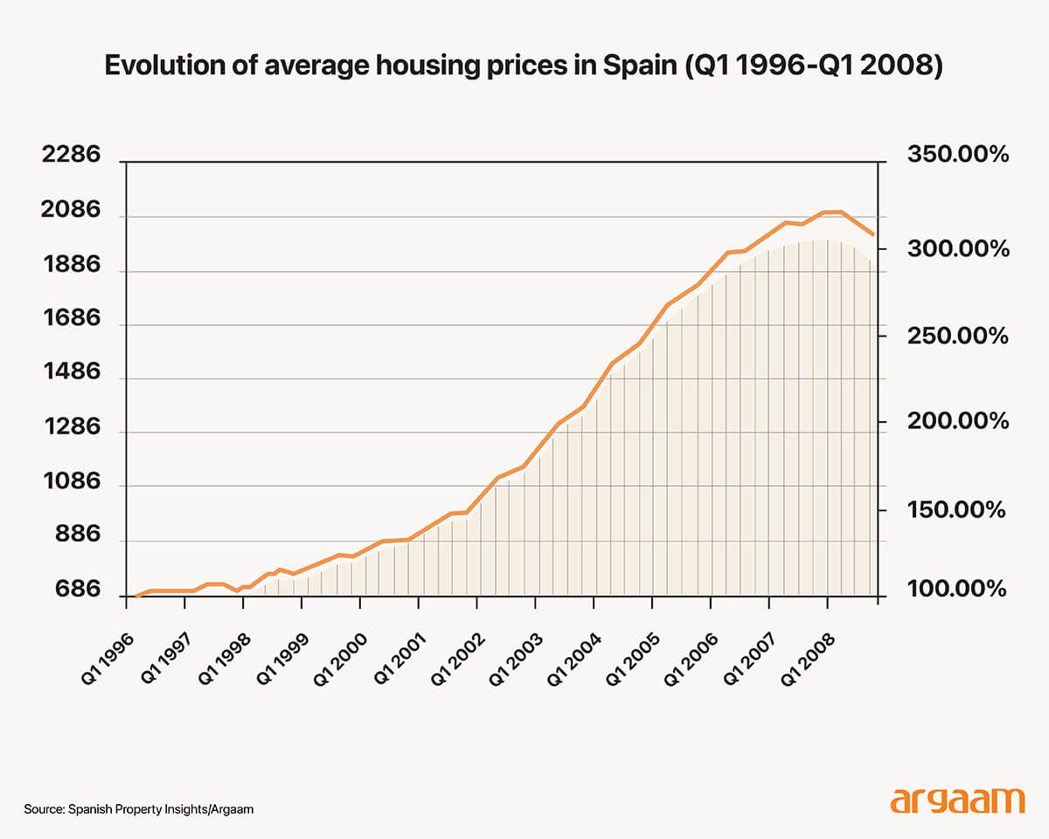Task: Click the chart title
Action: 524,67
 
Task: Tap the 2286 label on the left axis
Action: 72,156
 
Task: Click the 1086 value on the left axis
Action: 72,482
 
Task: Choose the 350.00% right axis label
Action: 958,156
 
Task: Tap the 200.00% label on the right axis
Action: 958,422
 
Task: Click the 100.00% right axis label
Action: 958,591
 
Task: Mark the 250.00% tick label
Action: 958,336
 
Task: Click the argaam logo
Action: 957,801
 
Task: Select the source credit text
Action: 139,809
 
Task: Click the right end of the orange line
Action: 872,234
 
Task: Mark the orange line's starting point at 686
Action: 136,596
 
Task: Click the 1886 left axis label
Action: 72,266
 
